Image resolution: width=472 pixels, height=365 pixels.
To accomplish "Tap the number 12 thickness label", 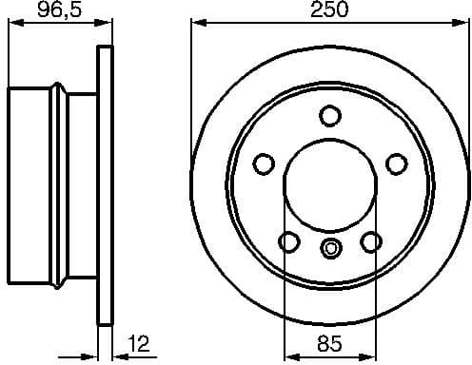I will click(x=139, y=343).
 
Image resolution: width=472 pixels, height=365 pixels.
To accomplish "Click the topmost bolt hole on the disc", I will click(x=329, y=116).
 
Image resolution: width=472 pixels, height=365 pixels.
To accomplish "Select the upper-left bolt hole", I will click(x=263, y=164).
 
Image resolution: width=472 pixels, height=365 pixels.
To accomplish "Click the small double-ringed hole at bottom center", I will click(x=329, y=250).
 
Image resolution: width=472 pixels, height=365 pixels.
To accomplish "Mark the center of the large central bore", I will click(x=329, y=185).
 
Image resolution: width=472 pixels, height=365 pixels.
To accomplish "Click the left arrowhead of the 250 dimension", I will click(x=196, y=23).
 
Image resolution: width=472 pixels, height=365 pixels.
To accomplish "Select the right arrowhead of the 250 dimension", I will click(x=463, y=23).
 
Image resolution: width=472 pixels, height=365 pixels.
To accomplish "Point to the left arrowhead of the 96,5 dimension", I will click(x=12, y=23).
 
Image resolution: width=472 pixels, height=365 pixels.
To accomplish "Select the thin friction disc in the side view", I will click(x=106, y=185).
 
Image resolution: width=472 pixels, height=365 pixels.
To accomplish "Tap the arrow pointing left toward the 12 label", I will click(x=118, y=356).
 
